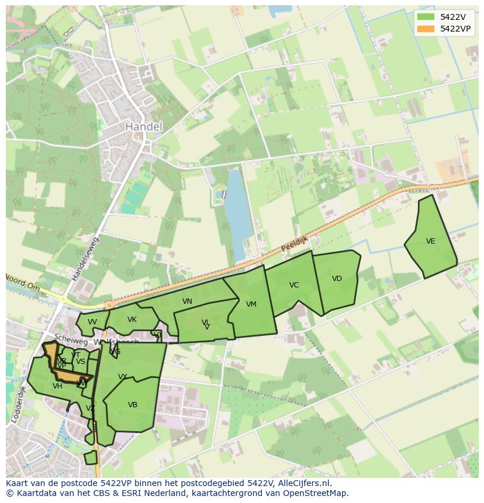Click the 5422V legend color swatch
pyautogui.click(x=426, y=17)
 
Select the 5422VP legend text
pyautogui.click(x=455, y=29)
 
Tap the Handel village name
pyautogui.click(x=143, y=126)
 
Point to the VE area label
pyautogui.click(x=431, y=241)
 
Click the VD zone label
pyautogui.click(x=337, y=279)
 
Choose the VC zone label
pyautogui.click(x=294, y=285)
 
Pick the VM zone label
pyautogui.click(x=251, y=304)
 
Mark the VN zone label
pyautogui.click(x=187, y=301)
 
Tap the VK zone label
pyautogui.click(x=132, y=320)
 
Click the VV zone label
pyautogui.click(x=92, y=322)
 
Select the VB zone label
pyautogui.click(x=133, y=405)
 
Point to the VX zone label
pyautogui.click(x=123, y=377)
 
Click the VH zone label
pyautogui.click(x=57, y=386)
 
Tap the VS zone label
pyautogui.click(x=81, y=362)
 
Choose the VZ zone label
pyautogui.click(x=91, y=408)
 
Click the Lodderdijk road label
pyautogui.click(x=18, y=404)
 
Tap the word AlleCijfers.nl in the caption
pyautogui.click(x=304, y=483)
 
